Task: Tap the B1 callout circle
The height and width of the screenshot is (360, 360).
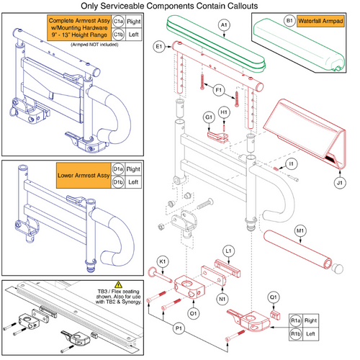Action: pos(270,22)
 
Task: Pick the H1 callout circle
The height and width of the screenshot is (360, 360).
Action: pos(225,113)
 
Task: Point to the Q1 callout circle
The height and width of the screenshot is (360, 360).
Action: pos(274,295)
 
